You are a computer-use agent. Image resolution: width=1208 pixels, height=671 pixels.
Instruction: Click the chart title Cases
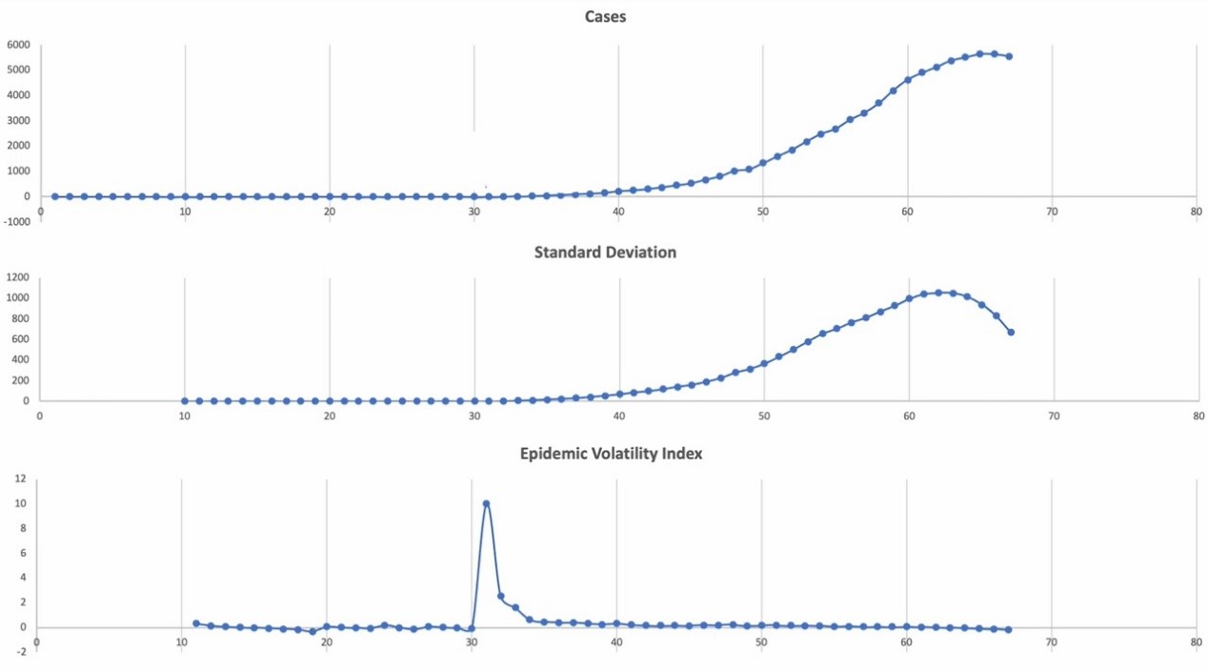click(605, 16)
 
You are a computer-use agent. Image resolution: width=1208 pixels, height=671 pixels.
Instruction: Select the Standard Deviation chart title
click(605, 253)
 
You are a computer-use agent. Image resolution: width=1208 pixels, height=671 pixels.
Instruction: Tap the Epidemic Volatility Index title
click(611, 454)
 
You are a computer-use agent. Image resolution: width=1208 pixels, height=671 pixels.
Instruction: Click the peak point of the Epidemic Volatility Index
click(486, 503)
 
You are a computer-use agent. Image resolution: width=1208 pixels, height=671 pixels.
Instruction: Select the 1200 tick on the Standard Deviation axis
click(19, 277)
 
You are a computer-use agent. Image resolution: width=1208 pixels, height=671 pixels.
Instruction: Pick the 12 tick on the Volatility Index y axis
click(19, 478)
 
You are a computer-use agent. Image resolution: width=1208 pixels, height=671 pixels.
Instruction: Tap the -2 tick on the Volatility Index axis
click(21, 652)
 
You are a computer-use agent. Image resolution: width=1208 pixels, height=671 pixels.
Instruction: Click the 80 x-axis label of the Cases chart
click(1197, 211)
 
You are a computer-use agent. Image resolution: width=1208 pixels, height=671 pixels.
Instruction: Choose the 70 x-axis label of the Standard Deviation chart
click(1053, 416)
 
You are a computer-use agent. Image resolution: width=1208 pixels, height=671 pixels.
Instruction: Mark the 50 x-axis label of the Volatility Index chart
click(761, 642)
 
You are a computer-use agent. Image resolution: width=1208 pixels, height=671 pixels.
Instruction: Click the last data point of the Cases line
click(1008, 56)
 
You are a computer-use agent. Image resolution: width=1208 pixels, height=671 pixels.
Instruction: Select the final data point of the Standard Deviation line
click(1011, 332)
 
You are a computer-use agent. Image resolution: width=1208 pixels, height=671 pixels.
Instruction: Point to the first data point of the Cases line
click(54, 196)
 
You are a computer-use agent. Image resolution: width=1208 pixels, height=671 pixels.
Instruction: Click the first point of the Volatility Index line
click(196, 623)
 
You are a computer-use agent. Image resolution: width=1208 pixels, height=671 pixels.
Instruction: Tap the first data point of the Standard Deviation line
click(185, 400)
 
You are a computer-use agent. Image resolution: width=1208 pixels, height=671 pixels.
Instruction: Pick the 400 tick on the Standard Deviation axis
click(21, 359)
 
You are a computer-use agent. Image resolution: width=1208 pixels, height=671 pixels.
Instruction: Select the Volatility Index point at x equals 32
click(501, 597)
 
